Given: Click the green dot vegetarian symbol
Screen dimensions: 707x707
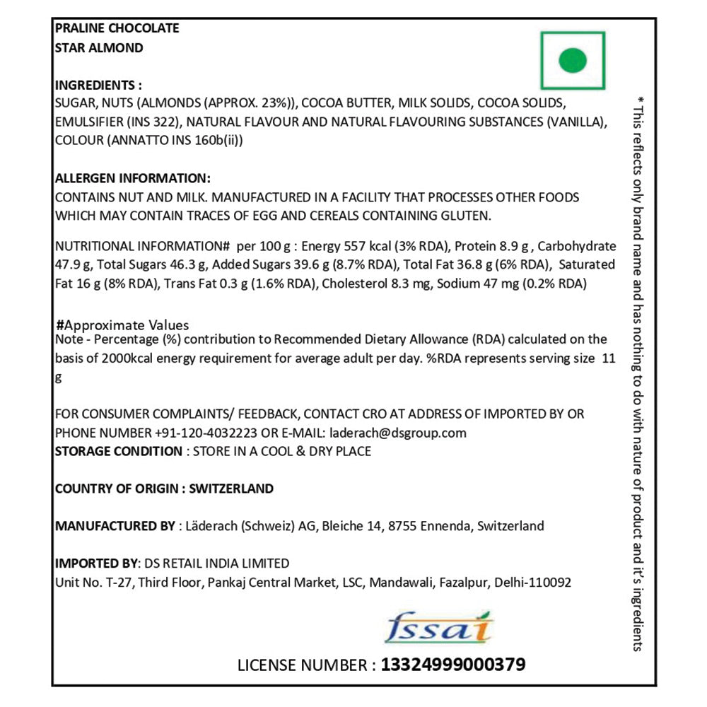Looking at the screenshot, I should tap(573, 60).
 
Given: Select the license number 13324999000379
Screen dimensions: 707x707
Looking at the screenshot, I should tap(452, 665).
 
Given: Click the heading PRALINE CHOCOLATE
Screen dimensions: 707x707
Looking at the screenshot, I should tap(117, 28).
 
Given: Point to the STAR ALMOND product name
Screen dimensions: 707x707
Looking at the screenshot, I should tap(99, 48).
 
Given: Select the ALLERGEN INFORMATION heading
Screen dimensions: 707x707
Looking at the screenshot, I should tap(132, 178).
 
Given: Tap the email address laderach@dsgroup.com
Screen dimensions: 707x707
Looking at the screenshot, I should tap(396, 433).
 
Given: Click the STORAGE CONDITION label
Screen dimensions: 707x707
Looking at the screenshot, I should tap(118, 451).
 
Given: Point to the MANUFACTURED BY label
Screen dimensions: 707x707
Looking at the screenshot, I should tap(115, 526).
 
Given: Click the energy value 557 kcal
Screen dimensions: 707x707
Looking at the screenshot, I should tap(367, 247).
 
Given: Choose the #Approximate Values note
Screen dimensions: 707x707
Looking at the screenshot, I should tap(122, 325).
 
